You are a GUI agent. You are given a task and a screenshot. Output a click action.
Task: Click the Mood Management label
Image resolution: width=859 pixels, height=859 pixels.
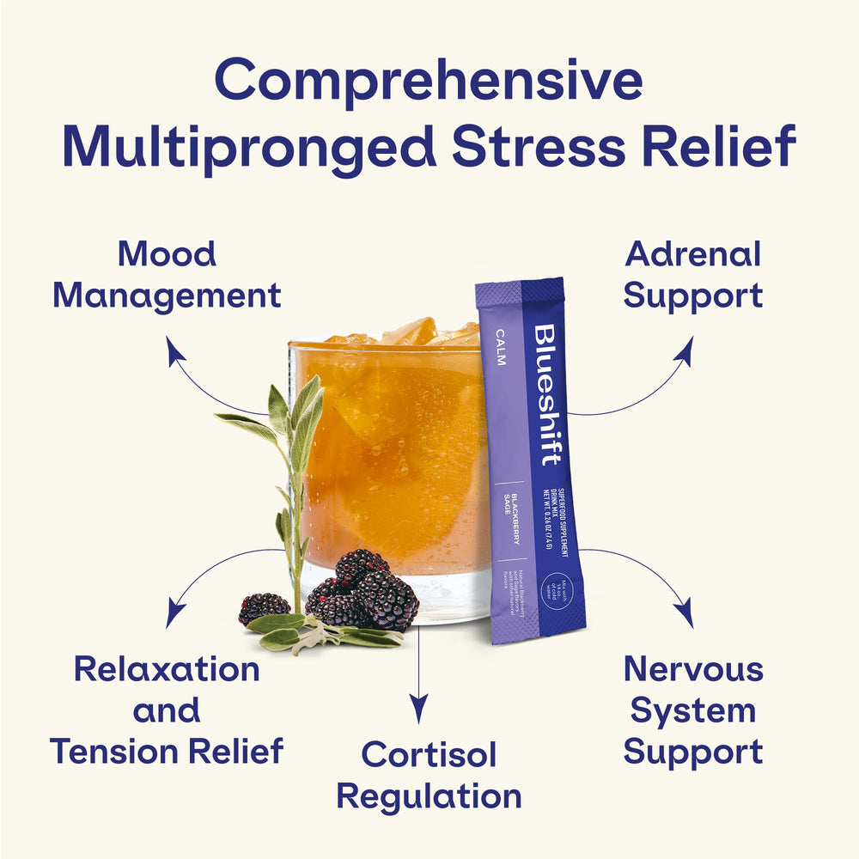coord(167,275)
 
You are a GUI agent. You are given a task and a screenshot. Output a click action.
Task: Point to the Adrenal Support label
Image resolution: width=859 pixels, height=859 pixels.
coord(693,275)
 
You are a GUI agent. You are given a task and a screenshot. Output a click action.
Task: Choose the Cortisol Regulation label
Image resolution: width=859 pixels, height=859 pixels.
coord(429,775)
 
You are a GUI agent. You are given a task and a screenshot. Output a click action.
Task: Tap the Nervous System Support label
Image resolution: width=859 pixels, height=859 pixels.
coord(693,710)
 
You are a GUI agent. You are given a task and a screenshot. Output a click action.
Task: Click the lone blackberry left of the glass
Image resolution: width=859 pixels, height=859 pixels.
coord(263,606)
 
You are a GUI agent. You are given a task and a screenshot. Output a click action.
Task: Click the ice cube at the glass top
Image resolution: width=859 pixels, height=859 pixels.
coord(411,331)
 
